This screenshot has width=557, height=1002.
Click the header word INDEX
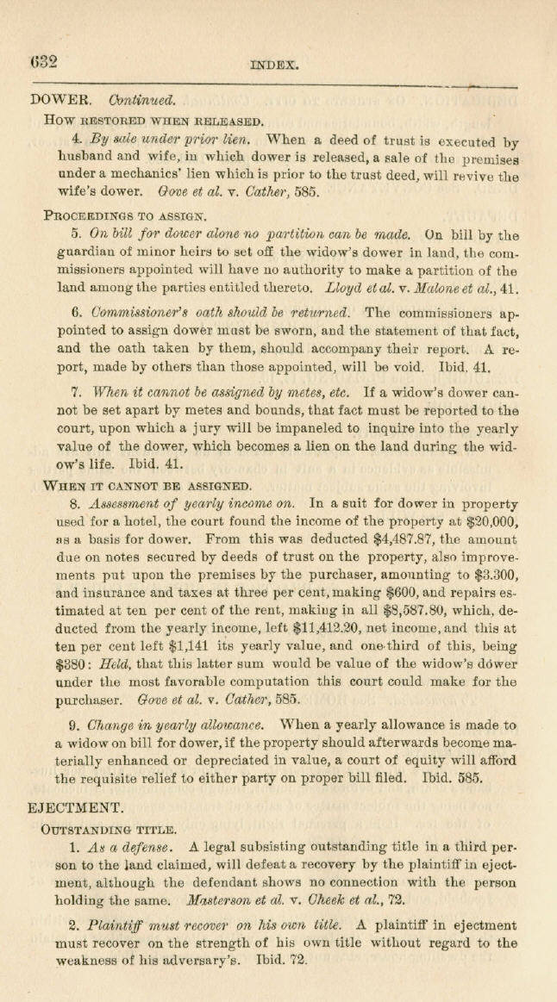click(274, 64)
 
